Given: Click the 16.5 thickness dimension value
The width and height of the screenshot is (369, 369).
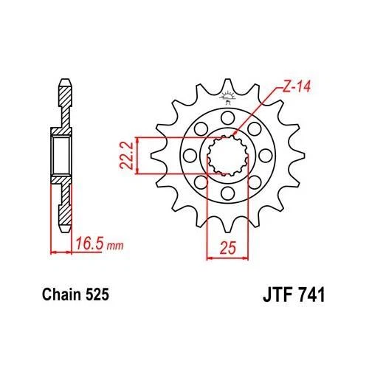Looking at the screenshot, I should click(89, 241).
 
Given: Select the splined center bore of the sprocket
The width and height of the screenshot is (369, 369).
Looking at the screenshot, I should click(227, 156).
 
